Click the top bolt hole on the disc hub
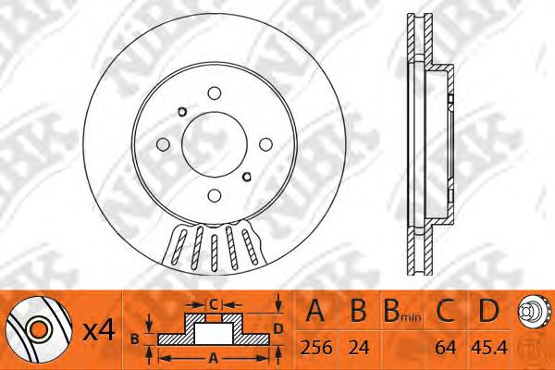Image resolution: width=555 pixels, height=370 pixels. pos(215,93)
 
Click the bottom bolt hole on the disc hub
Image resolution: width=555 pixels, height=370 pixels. pos(215,195)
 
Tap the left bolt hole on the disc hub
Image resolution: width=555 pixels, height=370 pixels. pos(163,144)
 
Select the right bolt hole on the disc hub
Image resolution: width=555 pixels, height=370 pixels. pos(265,144)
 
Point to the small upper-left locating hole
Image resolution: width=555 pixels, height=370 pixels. pos(182,112)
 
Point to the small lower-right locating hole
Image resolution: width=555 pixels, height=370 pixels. pos(247,176)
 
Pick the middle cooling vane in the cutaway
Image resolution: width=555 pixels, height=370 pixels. pos(215,253)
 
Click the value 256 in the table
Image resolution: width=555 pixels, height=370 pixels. pos(316,348)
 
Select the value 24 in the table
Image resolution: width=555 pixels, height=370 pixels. pos(359,348)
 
